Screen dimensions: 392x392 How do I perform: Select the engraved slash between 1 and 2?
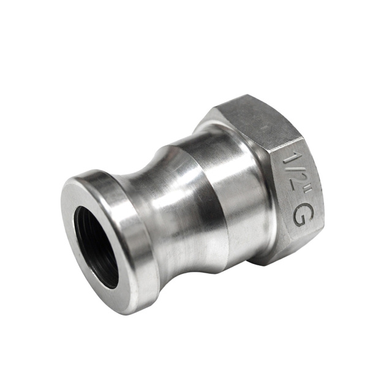tap(298, 168)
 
